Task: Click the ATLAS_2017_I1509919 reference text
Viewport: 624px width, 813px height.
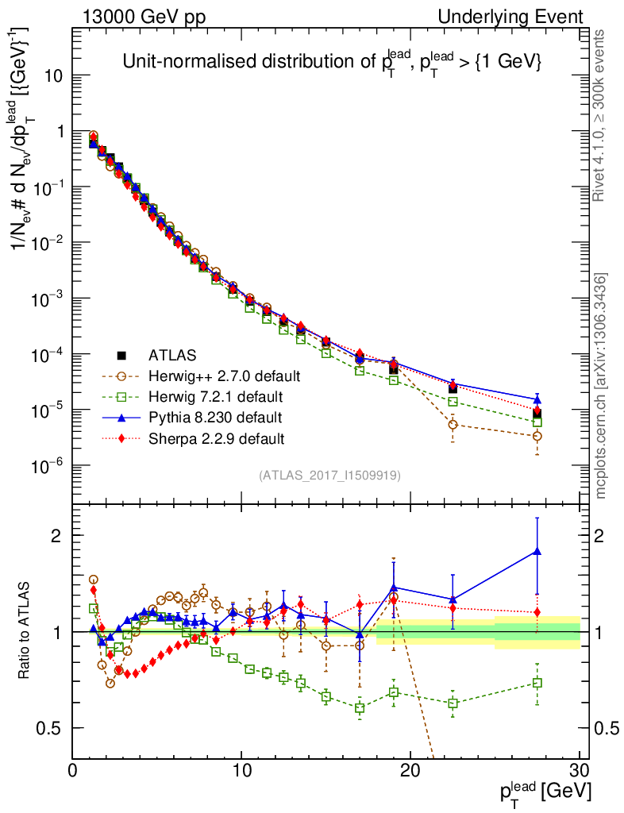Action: point(329,476)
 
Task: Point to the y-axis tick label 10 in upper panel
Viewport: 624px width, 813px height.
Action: point(54,76)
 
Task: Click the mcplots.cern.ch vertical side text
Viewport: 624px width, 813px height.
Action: point(602,387)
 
